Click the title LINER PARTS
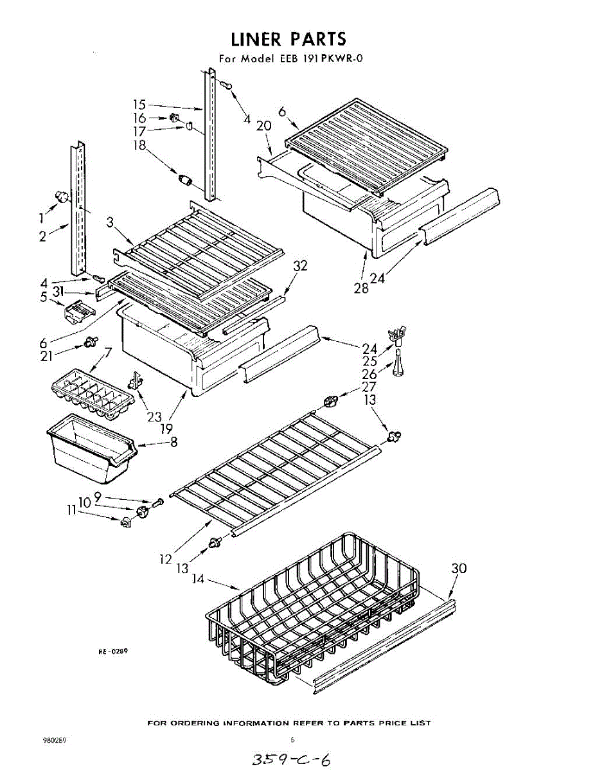click(288, 39)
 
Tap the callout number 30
click(459, 569)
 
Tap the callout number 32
click(300, 265)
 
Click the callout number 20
click(263, 127)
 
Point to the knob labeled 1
click(62, 196)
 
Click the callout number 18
click(140, 145)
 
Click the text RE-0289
click(113, 651)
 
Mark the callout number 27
click(369, 387)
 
